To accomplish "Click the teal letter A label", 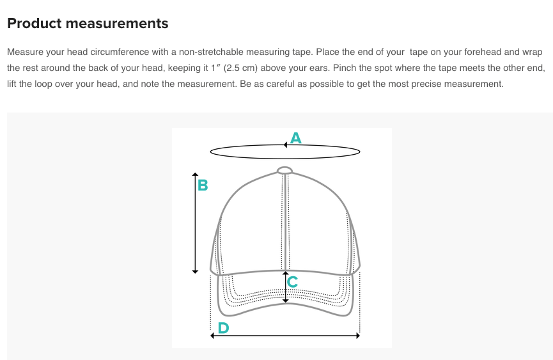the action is [296, 138].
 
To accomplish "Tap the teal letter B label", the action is [203, 185].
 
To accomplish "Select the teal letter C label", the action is [292, 282].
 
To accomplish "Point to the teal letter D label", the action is [224, 328].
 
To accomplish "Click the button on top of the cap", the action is [284, 171].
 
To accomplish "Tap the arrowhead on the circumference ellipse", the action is [285, 145].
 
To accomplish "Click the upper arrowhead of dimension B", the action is [195, 175].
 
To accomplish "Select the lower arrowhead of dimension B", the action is [195, 271].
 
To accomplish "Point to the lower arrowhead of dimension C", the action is [286, 301].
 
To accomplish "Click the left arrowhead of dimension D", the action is [212, 336].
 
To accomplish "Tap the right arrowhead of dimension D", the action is [357, 336].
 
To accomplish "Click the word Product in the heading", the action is [35, 23].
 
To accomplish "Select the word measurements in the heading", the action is [117, 24].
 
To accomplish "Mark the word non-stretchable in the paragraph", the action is [211, 52].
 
